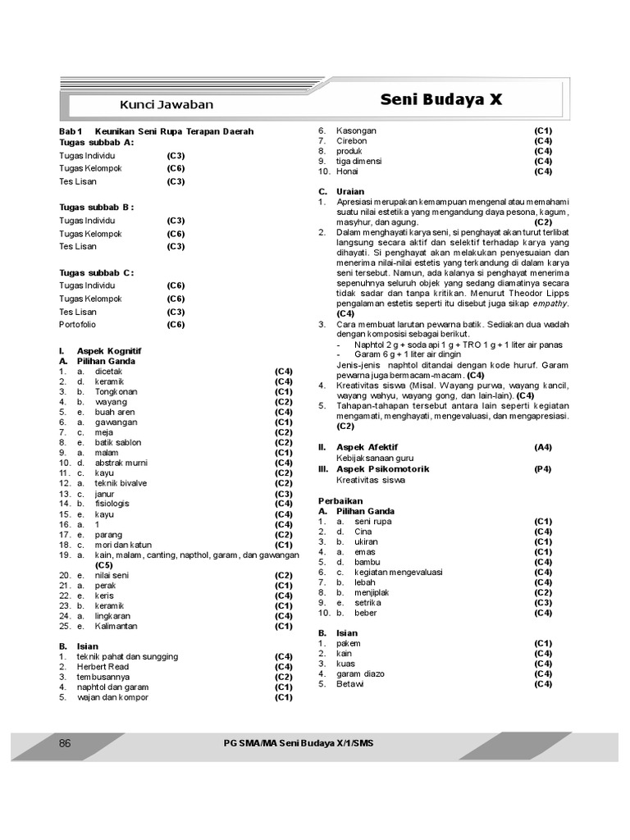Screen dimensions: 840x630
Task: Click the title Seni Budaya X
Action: coord(441,100)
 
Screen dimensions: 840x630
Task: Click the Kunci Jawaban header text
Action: coord(167,104)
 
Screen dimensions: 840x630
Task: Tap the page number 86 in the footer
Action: coord(66,743)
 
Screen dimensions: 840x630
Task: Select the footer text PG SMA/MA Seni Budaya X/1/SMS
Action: coord(303,743)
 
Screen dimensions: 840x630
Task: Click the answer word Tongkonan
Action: coord(116,392)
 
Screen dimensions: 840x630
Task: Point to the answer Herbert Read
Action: coord(103,667)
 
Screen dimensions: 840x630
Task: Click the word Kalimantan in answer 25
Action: coord(116,627)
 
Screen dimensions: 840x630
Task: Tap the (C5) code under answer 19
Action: coord(103,565)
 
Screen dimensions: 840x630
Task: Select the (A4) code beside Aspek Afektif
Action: coord(543,448)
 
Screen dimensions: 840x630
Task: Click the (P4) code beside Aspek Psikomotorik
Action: coord(543,469)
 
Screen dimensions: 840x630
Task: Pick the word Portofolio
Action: coord(78,325)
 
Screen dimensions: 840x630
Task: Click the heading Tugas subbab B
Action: coord(97,208)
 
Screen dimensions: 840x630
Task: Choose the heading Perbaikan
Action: coord(340,500)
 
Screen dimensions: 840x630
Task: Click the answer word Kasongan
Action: coord(357,131)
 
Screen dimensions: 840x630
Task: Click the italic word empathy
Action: coord(550,304)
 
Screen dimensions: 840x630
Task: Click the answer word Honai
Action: coord(348,171)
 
